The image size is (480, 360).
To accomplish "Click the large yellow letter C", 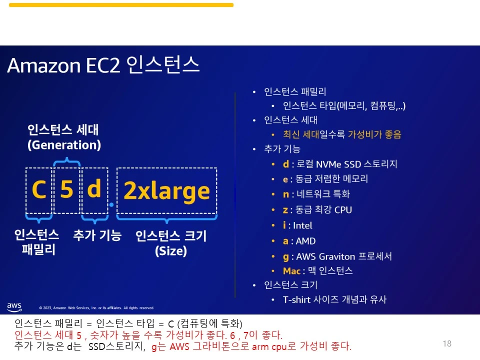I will [x=39, y=190].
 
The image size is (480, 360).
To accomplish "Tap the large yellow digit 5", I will [x=66, y=190].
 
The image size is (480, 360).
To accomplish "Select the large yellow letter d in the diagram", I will [x=94, y=189].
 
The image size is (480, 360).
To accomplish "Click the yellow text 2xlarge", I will [x=166, y=191].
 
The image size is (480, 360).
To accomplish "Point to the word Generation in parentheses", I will [x=64, y=145].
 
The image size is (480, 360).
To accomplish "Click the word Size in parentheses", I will [x=170, y=251].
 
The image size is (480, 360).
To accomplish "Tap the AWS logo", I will [x=14, y=306].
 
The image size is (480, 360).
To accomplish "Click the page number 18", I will [x=447, y=343].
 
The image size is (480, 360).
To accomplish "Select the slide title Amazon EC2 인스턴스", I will [x=103, y=65].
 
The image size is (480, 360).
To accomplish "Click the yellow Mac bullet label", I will [x=291, y=271].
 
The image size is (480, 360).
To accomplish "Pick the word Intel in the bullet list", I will [x=302, y=225].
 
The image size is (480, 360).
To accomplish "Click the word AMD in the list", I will [x=306, y=241].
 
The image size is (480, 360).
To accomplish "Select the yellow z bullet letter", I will [x=285, y=210].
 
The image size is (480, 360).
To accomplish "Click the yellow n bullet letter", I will [x=285, y=194].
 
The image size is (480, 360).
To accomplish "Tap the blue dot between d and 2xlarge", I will [x=111, y=204].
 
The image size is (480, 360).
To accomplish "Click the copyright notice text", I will [x=96, y=308].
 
